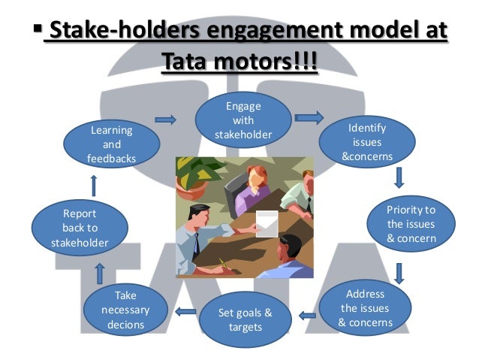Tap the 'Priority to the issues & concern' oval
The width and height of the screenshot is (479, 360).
(411, 223)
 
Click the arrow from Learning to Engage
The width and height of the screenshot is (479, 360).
(166, 119)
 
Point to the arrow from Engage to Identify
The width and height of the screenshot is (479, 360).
(309, 117)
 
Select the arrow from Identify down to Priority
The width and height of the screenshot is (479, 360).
(399, 177)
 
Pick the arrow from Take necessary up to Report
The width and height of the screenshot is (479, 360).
(100, 273)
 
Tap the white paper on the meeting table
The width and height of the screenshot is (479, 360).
(267, 223)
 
